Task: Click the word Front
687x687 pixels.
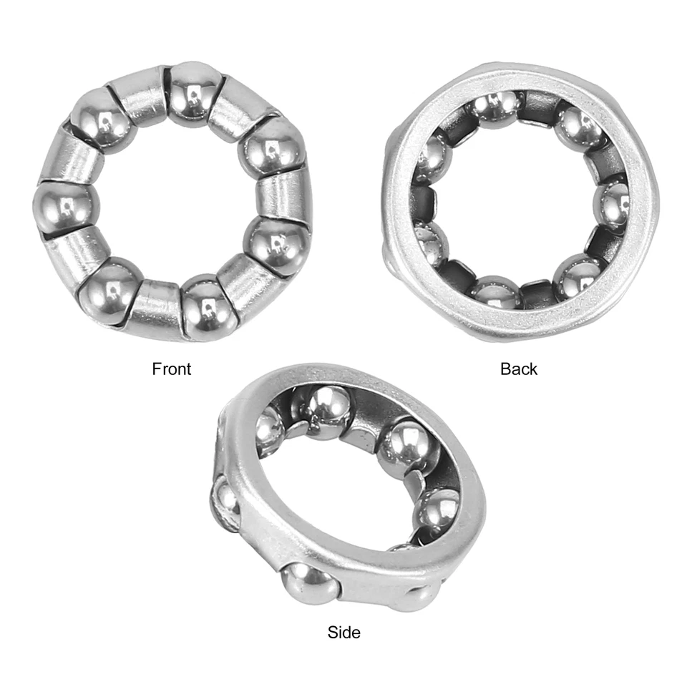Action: click(172, 369)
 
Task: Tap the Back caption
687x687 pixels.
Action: click(519, 369)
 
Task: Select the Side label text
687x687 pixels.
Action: click(343, 632)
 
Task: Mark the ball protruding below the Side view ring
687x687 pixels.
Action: click(309, 583)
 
